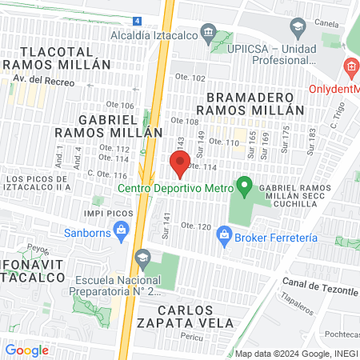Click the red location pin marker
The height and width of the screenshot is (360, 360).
[180, 164]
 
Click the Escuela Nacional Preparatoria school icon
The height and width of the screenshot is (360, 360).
[143, 258]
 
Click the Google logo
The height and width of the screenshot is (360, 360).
[27, 350]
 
